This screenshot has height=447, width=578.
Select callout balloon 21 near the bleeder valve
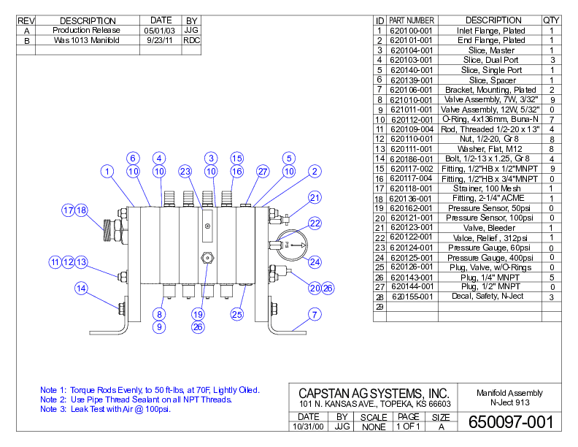(315, 197)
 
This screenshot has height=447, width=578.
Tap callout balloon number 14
(82, 288)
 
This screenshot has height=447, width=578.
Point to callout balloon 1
(107, 172)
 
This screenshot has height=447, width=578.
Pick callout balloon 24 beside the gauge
(315, 261)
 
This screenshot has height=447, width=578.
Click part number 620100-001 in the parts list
(412, 31)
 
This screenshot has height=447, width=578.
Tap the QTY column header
(551, 20)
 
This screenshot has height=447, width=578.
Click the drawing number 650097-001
(510, 422)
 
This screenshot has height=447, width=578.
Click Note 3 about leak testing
(105, 409)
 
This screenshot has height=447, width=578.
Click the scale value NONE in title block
(374, 427)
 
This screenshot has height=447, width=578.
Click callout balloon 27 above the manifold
(263, 172)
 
